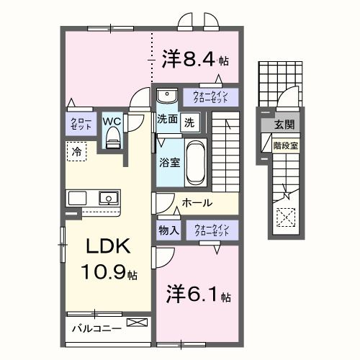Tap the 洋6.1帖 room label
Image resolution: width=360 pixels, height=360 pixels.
196,295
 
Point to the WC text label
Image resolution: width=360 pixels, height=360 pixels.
112,120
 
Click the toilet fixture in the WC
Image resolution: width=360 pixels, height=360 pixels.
112,140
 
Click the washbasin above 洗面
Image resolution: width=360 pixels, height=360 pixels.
167,96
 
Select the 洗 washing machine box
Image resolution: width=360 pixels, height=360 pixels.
189,122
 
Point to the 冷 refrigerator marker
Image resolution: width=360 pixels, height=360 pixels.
76,151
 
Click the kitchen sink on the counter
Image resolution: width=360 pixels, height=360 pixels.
108,197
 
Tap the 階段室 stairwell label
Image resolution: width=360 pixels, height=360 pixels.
282,144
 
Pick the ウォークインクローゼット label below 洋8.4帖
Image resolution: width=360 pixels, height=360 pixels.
210,97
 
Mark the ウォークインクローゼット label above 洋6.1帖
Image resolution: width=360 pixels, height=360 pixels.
210,230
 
